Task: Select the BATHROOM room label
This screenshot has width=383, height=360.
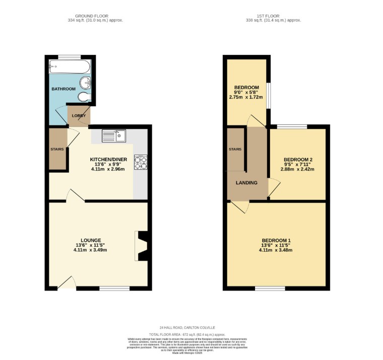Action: [x=63, y=89]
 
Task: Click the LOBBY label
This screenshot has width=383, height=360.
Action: [x=79, y=116]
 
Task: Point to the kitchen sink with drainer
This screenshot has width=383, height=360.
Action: [x=113, y=135]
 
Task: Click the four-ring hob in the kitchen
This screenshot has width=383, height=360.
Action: [x=140, y=162]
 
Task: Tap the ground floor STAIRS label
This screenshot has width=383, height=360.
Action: [x=56, y=150]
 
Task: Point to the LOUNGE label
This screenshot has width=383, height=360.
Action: [x=91, y=240]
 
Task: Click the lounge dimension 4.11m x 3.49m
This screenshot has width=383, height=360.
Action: [x=91, y=250]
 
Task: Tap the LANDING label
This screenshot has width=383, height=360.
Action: [x=247, y=183]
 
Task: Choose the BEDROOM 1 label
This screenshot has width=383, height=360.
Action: [x=276, y=240]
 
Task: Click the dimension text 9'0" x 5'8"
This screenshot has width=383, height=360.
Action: [x=246, y=92]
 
